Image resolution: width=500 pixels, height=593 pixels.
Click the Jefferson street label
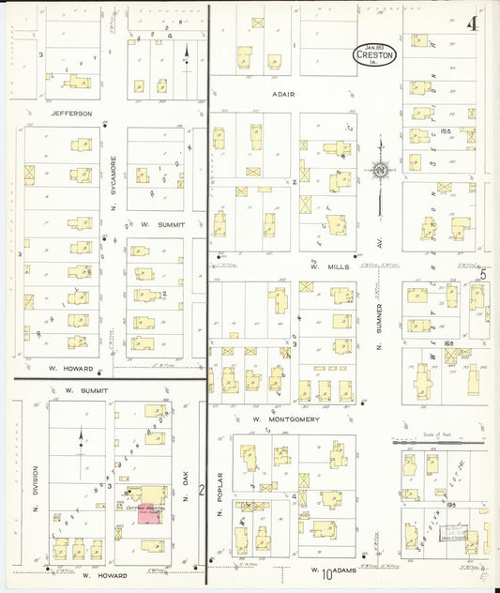point(71,113)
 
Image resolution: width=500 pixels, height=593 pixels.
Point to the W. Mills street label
point(313,266)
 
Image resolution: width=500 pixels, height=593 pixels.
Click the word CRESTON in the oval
point(375,54)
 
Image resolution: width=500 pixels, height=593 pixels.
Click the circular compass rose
point(380,171)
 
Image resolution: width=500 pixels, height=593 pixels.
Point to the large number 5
point(484,276)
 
